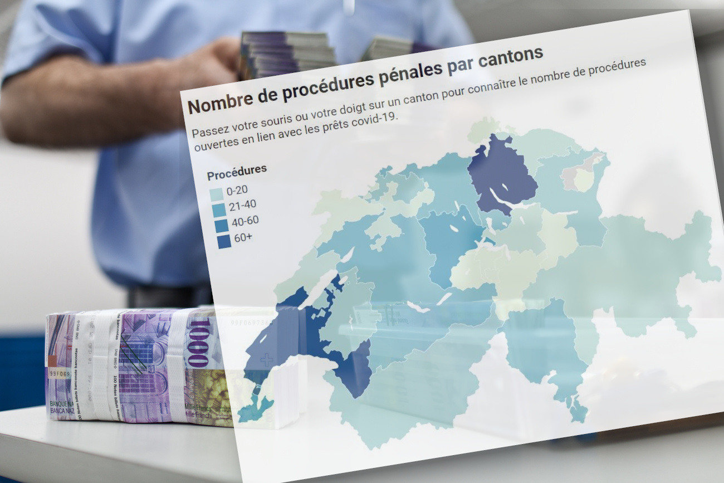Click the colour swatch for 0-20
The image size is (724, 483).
[x=217, y=194]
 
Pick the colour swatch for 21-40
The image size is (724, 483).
[x=219, y=210]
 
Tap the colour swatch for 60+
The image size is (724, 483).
[x=224, y=241]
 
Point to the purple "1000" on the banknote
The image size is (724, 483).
[x=198, y=343]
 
